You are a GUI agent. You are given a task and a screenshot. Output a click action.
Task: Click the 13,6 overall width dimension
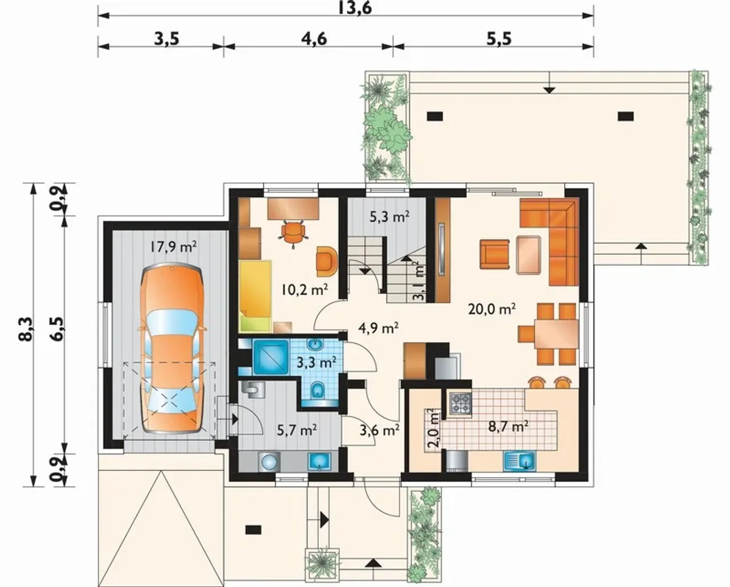pos(355,7)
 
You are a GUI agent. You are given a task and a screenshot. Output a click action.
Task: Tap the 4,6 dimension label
pos(314,39)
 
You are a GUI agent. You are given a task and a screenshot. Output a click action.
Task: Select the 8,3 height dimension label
pos(27,329)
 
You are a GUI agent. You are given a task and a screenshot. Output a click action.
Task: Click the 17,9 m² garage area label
pos(173,247)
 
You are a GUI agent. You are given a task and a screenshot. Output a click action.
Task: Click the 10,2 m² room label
pos(305,290)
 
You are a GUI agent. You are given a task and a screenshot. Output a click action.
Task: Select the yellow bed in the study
pos(256,296)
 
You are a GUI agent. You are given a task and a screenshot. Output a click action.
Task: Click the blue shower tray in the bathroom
pos(271,358)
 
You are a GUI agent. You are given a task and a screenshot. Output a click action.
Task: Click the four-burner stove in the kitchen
pos(460,403)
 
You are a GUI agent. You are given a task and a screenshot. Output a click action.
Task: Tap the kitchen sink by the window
pos(520,461)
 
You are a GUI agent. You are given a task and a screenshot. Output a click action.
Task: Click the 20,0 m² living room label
pos(492,309)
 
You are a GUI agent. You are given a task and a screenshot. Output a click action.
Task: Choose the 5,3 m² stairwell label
pos(390,217)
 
